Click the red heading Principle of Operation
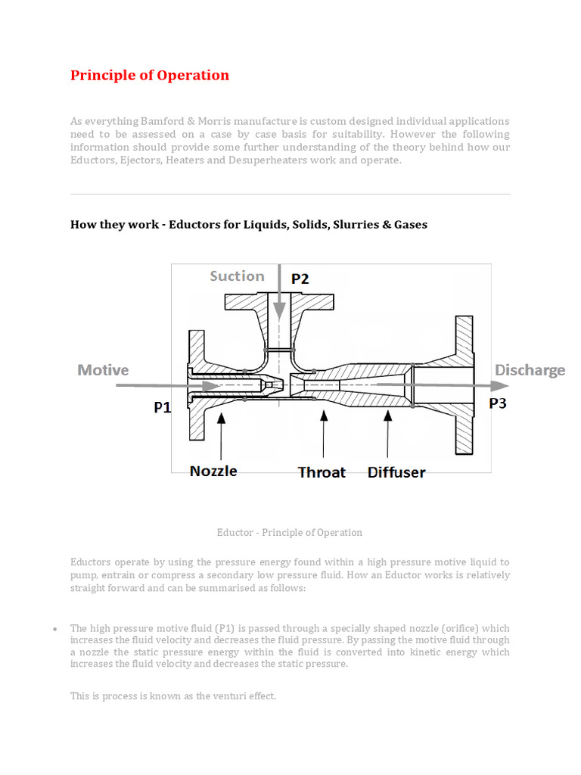tap(149, 75)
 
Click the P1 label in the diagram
tap(163, 407)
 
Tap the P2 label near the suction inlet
tap(300, 279)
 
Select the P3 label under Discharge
tap(497, 403)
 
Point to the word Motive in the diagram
tap(103, 370)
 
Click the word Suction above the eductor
tap(237, 276)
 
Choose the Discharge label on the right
tap(530, 370)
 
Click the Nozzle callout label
tap(213, 471)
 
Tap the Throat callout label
tap(322, 472)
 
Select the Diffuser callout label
tap(396, 472)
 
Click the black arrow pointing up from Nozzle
tap(220, 435)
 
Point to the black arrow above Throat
tap(324, 435)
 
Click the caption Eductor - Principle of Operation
tap(290, 532)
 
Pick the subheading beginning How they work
tap(248, 224)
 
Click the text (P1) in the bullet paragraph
tap(225, 628)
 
